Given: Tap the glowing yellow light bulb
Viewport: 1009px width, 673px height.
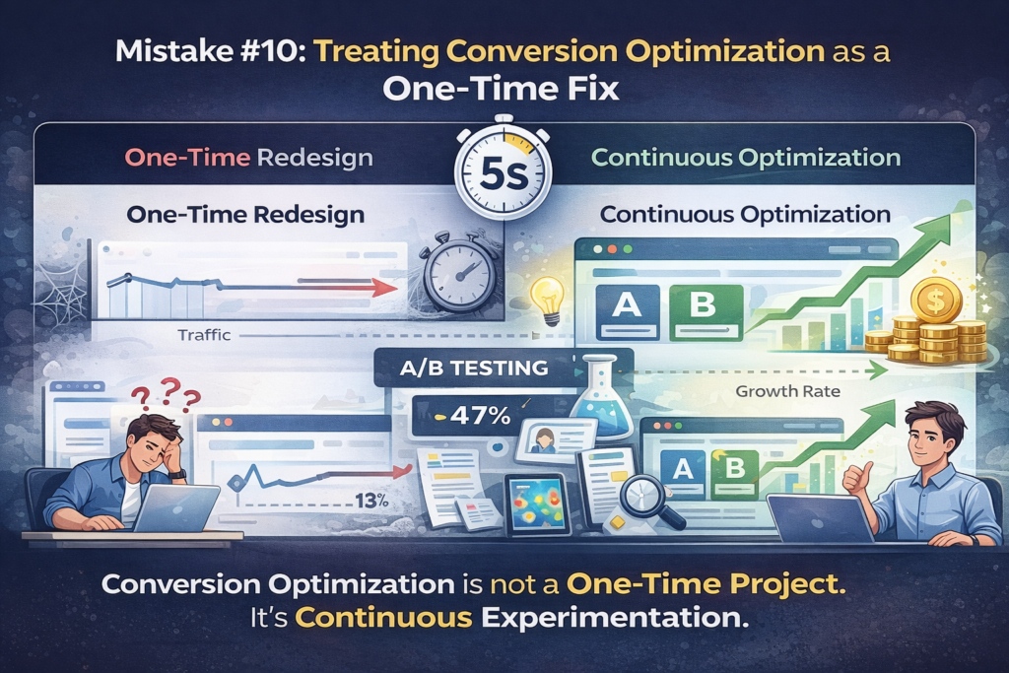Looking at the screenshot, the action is point(547,301).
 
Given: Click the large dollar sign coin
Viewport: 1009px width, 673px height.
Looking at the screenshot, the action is point(936,300).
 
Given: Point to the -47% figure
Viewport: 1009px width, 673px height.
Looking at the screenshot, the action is point(473,416).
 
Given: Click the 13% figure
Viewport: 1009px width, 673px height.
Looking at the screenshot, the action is point(371,500).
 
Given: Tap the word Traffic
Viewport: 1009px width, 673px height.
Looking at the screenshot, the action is point(204,335).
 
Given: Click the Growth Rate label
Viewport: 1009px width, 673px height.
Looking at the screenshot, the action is point(787,391).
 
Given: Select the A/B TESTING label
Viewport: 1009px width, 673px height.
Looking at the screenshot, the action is point(474,368).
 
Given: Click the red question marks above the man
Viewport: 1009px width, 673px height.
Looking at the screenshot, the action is point(166,394).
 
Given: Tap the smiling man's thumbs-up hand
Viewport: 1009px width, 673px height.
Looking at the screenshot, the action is point(857,479).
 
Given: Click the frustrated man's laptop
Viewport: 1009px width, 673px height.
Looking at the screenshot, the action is point(177,508).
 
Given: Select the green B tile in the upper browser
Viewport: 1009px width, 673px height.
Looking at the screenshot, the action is point(706,312).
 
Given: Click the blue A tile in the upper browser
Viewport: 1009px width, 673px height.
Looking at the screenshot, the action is point(628,312).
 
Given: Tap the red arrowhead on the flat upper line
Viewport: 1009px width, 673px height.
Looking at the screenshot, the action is point(385,288).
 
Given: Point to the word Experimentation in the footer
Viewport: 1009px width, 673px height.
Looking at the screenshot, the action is point(615,618).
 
